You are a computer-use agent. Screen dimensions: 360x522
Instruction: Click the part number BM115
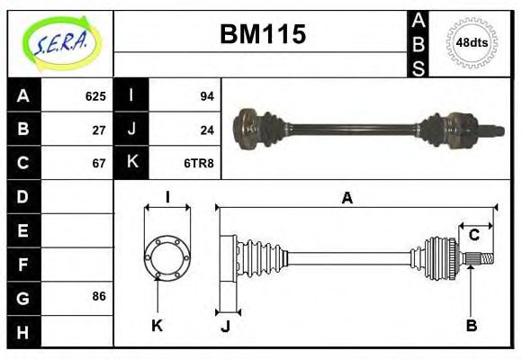pyautogui.click(x=263, y=35)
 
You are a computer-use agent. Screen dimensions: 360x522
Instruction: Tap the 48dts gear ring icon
pyautogui.click(x=472, y=41)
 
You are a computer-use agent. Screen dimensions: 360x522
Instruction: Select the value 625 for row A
pyautogui.click(x=95, y=96)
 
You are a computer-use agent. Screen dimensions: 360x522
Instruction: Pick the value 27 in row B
pyautogui.click(x=100, y=130)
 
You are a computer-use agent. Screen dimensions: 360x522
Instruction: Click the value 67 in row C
pyautogui.click(x=100, y=163)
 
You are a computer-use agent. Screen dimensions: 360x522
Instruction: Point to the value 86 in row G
pyautogui.click(x=100, y=296)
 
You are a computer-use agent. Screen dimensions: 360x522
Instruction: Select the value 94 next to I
pyautogui.click(x=206, y=96)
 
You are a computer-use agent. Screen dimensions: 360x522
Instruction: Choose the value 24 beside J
pyautogui.click(x=206, y=130)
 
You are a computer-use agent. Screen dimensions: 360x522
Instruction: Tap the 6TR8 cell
pyautogui.click(x=199, y=163)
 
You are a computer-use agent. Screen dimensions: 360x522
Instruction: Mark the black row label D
pyautogui.click(x=23, y=196)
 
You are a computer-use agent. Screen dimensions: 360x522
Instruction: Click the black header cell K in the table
pyautogui.click(x=132, y=163)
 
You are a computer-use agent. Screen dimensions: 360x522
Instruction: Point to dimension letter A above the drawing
pyautogui.click(x=346, y=199)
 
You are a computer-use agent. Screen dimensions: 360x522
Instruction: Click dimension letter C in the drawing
pyautogui.click(x=473, y=235)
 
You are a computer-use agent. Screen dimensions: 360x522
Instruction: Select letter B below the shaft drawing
pyautogui.click(x=471, y=325)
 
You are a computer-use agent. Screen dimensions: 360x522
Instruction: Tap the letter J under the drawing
pyautogui.click(x=225, y=326)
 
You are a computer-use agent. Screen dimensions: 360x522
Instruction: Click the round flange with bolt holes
pyautogui.click(x=166, y=256)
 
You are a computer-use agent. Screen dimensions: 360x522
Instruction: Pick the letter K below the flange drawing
pyautogui.click(x=157, y=325)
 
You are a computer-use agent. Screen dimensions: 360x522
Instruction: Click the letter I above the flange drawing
pyautogui.click(x=167, y=198)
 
